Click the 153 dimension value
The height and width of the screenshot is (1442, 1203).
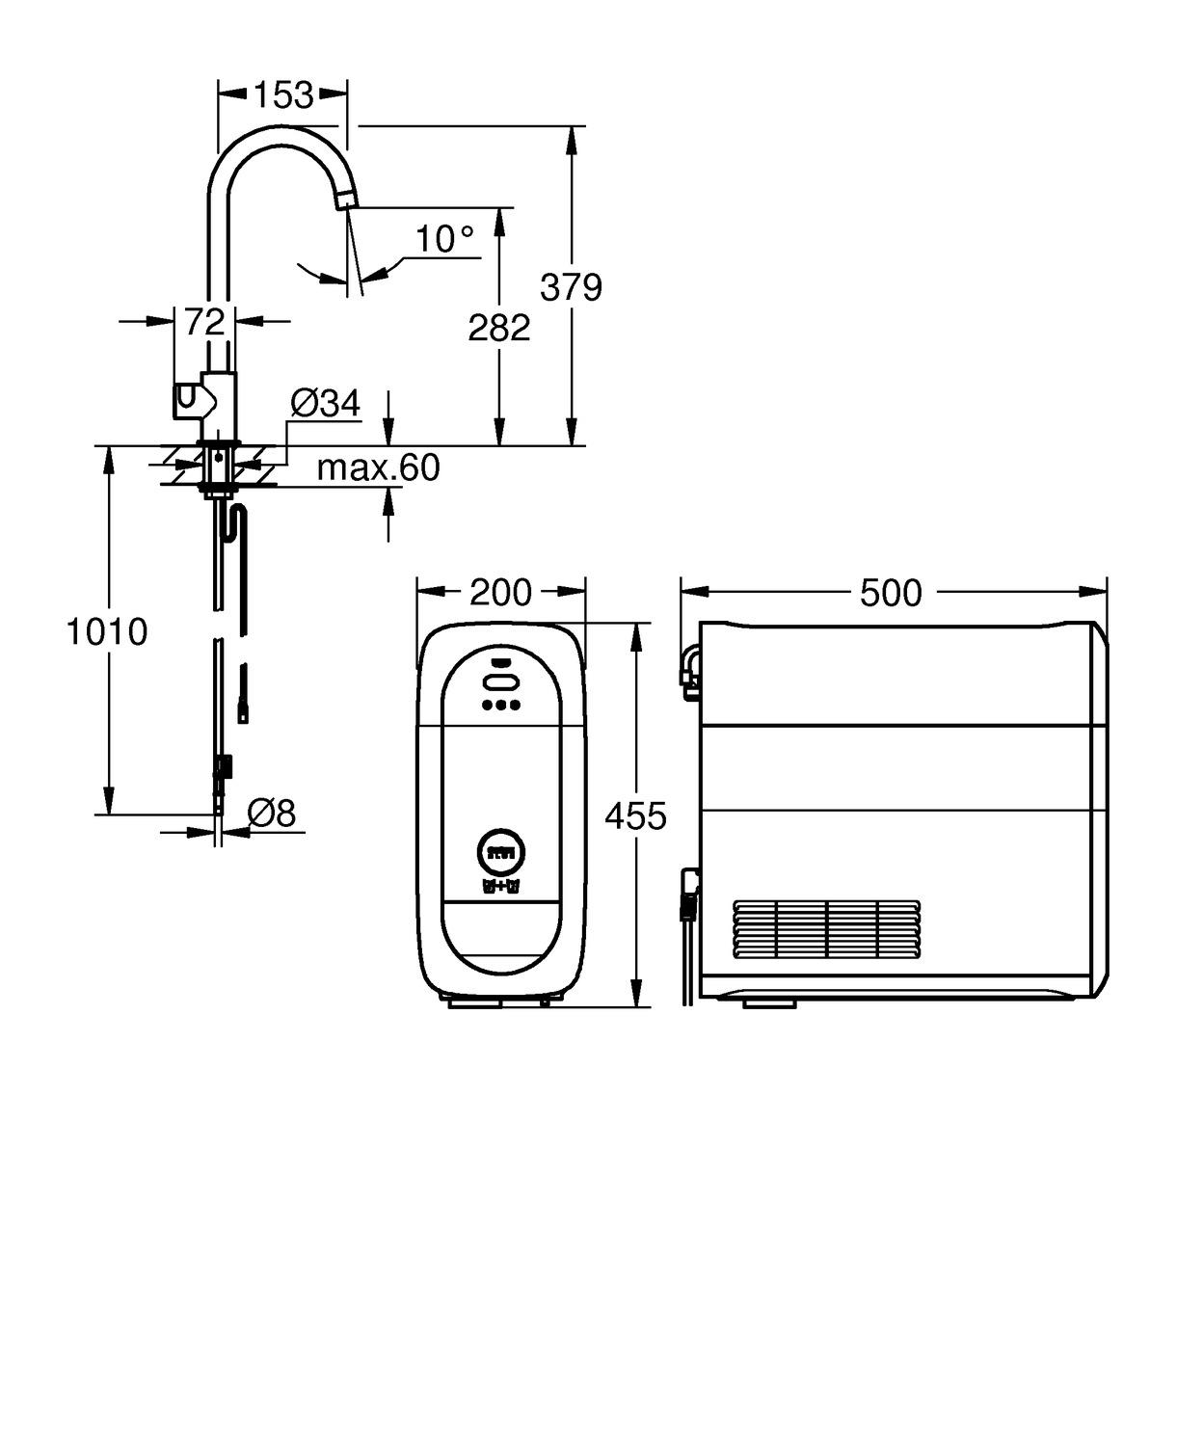[283, 94]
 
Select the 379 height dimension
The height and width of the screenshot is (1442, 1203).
[571, 287]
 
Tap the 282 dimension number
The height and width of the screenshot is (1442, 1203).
[498, 328]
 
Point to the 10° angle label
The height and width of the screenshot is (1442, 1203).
[444, 239]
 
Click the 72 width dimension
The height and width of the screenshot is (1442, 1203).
[204, 322]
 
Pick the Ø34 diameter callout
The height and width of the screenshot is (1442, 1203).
[325, 403]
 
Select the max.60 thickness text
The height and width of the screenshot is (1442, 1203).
[378, 468]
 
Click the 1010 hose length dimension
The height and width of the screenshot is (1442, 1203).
[107, 632]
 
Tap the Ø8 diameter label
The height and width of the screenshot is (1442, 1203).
[271, 814]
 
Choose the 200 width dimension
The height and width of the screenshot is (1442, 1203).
[500, 592]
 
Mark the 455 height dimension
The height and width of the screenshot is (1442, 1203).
[635, 816]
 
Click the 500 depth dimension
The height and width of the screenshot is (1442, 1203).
[891, 593]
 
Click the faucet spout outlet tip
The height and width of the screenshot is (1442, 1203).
[346, 200]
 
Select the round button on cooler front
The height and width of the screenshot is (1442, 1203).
[501, 852]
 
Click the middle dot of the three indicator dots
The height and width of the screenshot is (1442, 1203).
[501, 705]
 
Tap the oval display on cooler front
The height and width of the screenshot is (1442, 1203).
[501, 682]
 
